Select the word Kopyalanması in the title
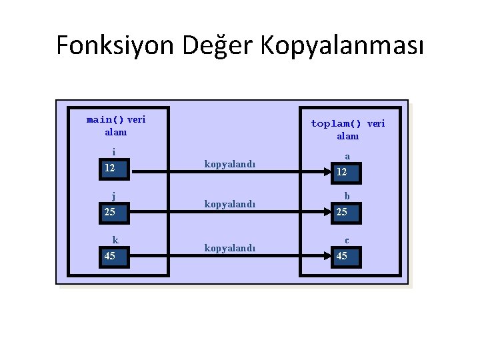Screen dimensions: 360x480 [341, 45]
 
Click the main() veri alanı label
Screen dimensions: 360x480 [116, 125]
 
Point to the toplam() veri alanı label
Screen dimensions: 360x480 [348, 129]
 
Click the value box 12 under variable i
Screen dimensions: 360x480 [116, 169]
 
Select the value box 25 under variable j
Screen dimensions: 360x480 [116, 213]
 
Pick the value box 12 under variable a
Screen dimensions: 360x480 [347, 173]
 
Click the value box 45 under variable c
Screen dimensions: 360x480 [347, 257]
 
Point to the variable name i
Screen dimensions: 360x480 [114, 152]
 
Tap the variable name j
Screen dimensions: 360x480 [114, 196]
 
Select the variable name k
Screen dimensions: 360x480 [115, 240]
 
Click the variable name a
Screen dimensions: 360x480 [347, 156]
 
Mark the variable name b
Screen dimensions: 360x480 [347, 197]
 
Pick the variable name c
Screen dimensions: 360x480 [347, 240]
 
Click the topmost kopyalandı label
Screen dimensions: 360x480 [230, 164]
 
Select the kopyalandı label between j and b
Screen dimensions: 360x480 [230, 204]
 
